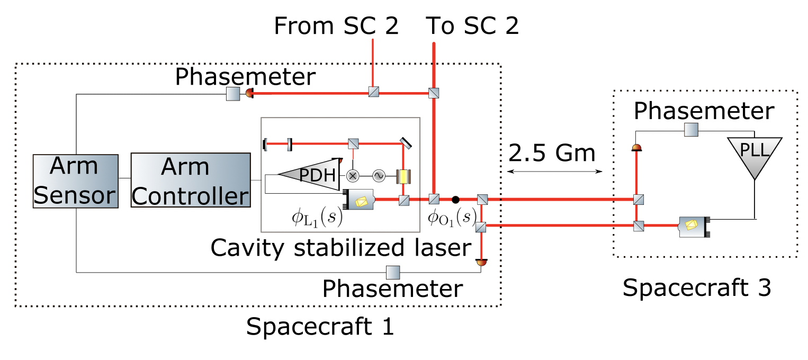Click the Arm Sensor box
tap(75, 182)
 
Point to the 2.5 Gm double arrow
tap(555, 171)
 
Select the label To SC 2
tap(472, 26)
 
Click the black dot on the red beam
tap(455, 200)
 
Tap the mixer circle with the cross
tap(352, 175)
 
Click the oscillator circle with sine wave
tap(379, 175)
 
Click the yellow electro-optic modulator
tap(403, 175)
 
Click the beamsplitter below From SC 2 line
tap(373, 93)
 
